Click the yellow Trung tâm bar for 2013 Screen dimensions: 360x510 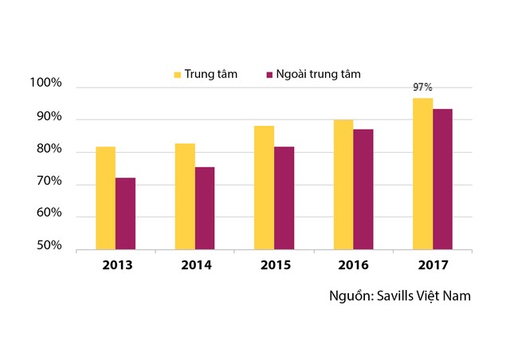pos(105,198)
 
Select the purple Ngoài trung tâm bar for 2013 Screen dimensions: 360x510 pos(125,213)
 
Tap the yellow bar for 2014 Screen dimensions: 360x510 pos(185,197)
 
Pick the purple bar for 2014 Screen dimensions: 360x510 pos(205,208)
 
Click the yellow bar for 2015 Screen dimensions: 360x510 pos(264,188)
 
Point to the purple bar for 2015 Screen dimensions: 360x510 pos(284,198)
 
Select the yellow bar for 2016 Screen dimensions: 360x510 pos(343,185)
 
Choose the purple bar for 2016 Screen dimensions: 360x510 pos(363,190)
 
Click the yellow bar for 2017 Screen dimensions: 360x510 pos(422,174)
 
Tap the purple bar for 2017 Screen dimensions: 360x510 pos(442,179)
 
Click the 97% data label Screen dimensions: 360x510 pos(422,87)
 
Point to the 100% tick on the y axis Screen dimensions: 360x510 pos(45,84)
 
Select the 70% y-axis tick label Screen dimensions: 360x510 pos(48,182)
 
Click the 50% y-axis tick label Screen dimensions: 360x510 pos(48,246)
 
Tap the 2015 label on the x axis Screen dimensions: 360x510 pos(274,264)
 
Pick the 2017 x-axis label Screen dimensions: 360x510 pos(433,264)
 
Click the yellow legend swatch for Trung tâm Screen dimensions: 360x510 pos(178,75)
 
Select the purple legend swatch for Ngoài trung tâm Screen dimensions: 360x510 pos(269,75)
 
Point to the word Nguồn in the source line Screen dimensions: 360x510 pos(350,295)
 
